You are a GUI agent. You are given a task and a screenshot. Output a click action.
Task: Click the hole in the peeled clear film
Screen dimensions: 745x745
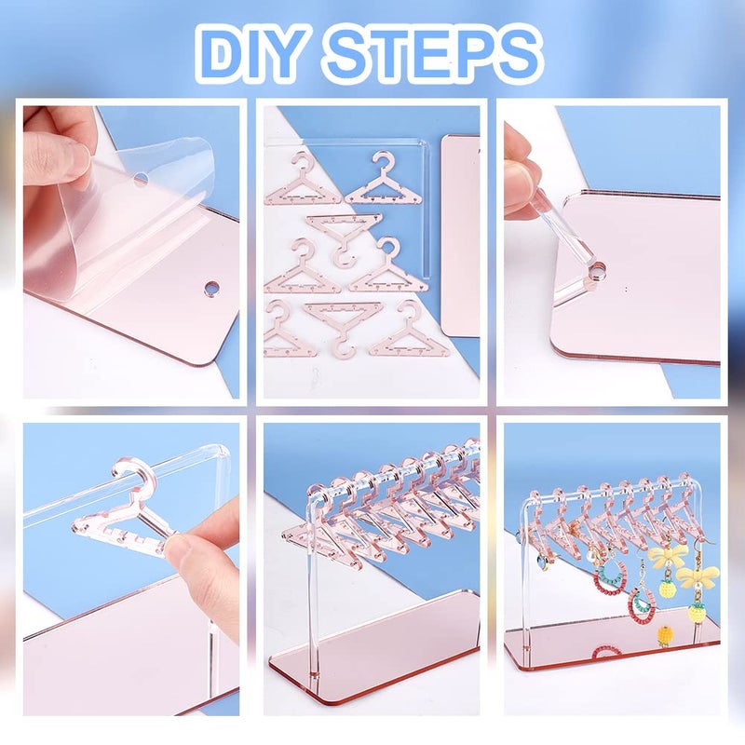tap(140, 178)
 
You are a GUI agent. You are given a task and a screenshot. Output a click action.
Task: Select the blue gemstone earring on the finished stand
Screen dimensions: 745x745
tap(543, 562)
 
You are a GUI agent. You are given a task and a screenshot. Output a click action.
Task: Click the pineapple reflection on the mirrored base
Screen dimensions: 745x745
tap(666, 636)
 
